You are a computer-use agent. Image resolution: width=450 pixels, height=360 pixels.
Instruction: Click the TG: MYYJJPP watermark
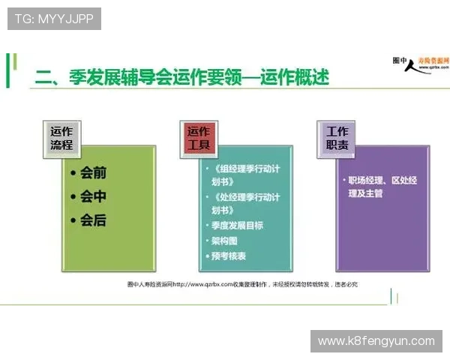54,19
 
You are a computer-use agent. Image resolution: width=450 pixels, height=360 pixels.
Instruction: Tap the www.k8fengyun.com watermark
376,341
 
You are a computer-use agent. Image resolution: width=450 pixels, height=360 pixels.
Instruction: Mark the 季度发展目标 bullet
237,225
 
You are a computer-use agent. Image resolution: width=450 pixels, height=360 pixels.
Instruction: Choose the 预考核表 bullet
228,256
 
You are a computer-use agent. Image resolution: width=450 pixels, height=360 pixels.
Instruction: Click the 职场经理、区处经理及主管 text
382,187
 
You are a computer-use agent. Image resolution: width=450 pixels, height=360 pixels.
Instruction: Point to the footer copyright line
242,284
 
